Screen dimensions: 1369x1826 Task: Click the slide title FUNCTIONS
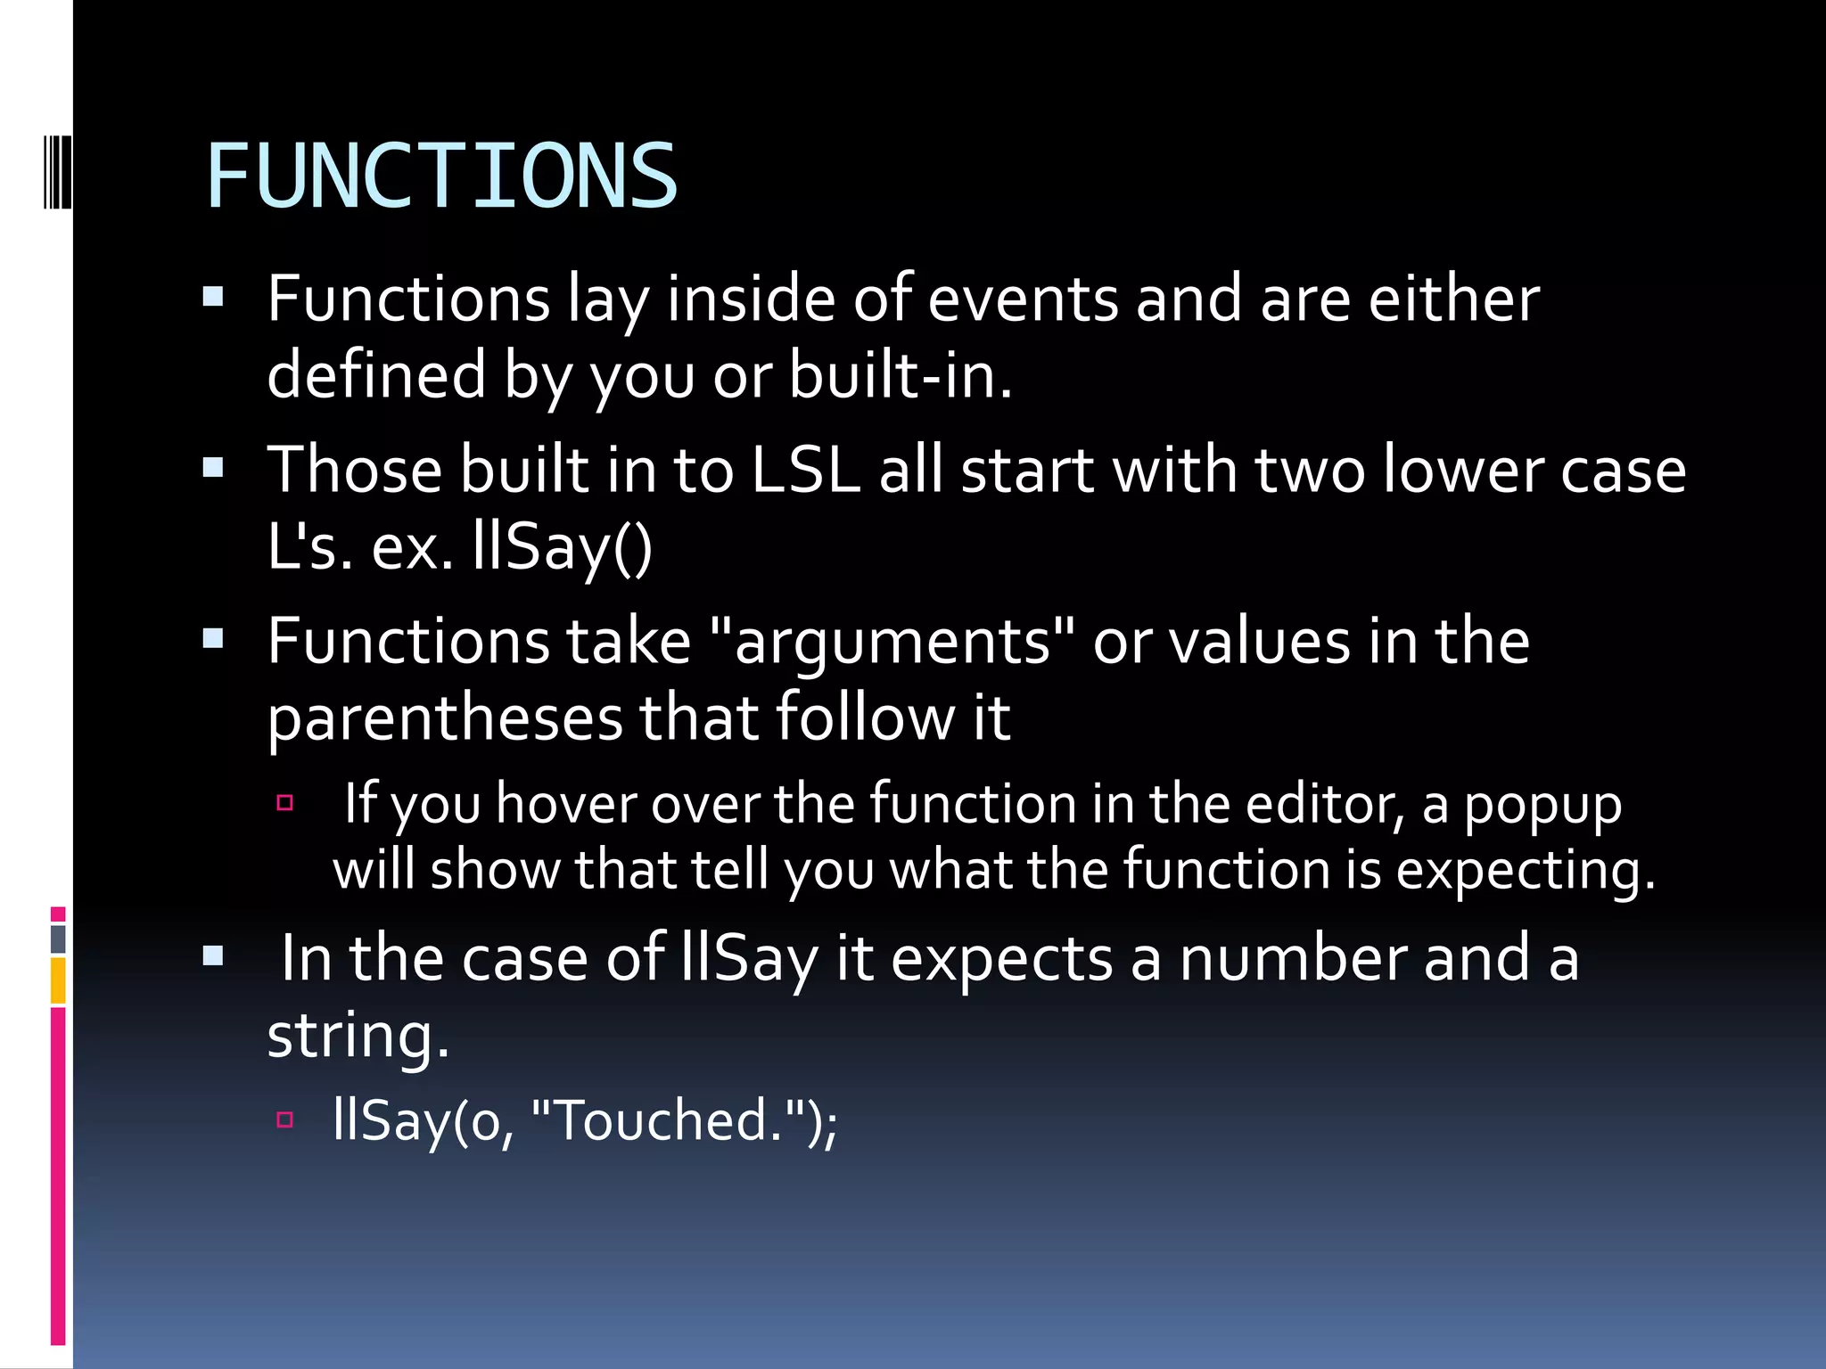(x=441, y=176)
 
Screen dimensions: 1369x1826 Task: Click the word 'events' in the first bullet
(x=1022, y=299)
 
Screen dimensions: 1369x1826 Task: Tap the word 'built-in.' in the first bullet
(x=901, y=375)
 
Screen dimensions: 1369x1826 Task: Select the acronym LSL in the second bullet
(x=805, y=470)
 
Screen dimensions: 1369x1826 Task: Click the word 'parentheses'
(x=445, y=718)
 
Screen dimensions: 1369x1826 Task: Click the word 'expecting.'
(x=1525, y=870)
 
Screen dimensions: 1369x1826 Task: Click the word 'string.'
(x=358, y=1036)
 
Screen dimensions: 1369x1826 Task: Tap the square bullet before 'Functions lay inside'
(x=213, y=297)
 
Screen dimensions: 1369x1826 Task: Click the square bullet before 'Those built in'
(x=213, y=468)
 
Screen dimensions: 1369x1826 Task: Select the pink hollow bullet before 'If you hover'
(x=285, y=802)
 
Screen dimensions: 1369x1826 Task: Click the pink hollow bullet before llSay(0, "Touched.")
(x=285, y=1119)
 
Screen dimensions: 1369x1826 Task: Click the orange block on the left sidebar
(x=58, y=980)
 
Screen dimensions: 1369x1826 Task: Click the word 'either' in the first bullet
(x=1453, y=299)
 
